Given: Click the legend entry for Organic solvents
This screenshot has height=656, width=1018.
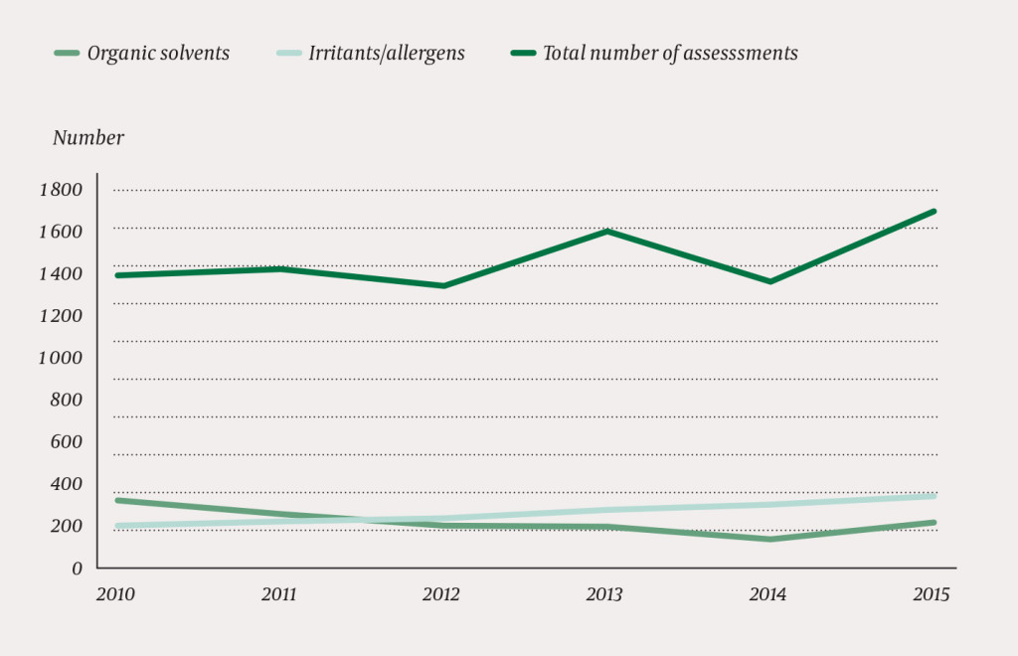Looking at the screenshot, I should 158,54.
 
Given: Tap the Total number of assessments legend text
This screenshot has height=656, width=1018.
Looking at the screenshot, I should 670,54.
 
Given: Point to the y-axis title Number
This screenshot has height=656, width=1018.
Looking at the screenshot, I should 88,138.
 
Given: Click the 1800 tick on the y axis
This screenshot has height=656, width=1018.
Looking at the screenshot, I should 62,189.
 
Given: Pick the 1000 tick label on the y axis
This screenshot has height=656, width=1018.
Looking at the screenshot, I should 62,357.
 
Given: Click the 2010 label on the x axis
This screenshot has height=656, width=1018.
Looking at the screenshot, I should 115,595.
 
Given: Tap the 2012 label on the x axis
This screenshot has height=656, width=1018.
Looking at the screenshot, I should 441,595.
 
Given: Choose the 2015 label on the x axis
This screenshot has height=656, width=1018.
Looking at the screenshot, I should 931,595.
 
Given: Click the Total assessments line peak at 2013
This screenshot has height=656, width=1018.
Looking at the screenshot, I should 606,232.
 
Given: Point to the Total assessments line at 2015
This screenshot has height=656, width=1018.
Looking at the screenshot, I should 934,211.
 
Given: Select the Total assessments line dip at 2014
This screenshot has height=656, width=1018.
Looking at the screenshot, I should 769,281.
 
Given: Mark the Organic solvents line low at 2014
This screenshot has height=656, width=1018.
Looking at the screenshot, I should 769,539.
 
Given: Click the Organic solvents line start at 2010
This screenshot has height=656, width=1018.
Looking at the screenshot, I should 117,500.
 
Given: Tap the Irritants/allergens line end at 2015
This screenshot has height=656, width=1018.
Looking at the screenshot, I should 934,495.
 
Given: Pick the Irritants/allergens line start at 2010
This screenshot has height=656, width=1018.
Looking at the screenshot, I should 117,526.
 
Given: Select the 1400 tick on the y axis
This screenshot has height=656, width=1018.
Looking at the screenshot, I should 62,273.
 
